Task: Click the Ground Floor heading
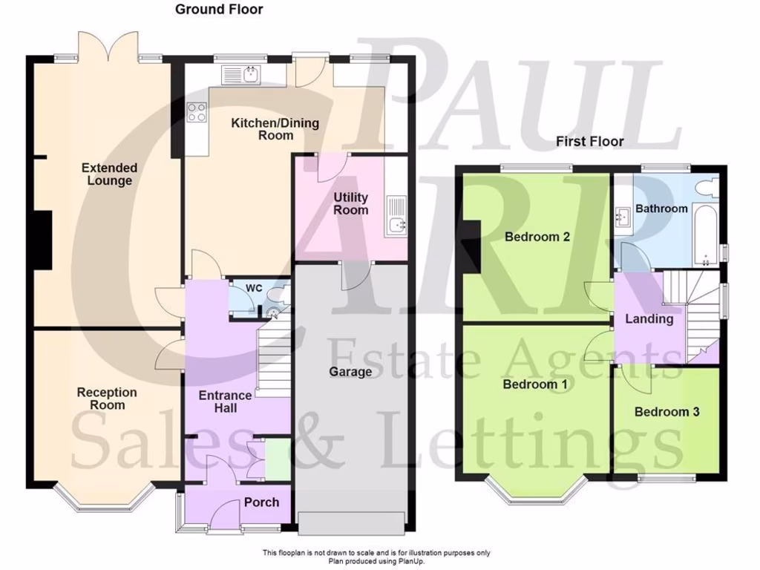(x=219, y=10)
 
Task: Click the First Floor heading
(x=591, y=141)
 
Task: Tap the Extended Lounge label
(x=110, y=174)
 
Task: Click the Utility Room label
(x=350, y=203)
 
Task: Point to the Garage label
(x=350, y=371)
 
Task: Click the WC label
(x=254, y=288)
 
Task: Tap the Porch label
(x=261, y=502)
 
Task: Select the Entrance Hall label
(x=226, y=402)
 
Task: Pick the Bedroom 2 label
(x=537, y=237)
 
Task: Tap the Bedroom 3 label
(x=666, y=412)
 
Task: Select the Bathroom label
(x=661, y=209)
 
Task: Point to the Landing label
(x=649, y=319)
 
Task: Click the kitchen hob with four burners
(x=197, y=113)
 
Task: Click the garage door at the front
(x=353, y=522)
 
